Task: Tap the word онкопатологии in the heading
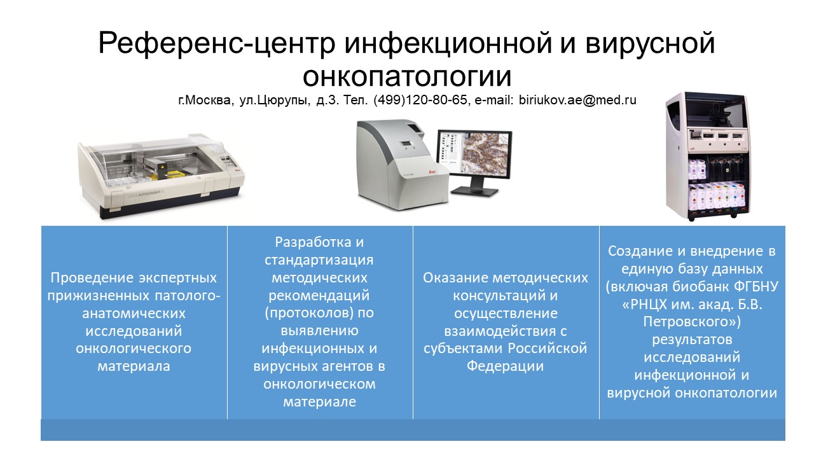(x=407, y=76)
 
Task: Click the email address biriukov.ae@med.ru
(x=577, y=100)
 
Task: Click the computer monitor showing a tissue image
(x=475, y=155)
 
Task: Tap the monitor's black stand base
(x=475, y=190)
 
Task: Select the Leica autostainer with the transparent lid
(x=161, y=176)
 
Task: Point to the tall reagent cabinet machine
(x=707, y=156)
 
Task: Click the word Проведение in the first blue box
(x=92, y=278)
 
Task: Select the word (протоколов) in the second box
(x=309, y=313)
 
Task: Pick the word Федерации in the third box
(x=505, y=366)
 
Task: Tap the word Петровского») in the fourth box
(x=692, y=322)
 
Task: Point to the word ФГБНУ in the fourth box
(x=756, y=287)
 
